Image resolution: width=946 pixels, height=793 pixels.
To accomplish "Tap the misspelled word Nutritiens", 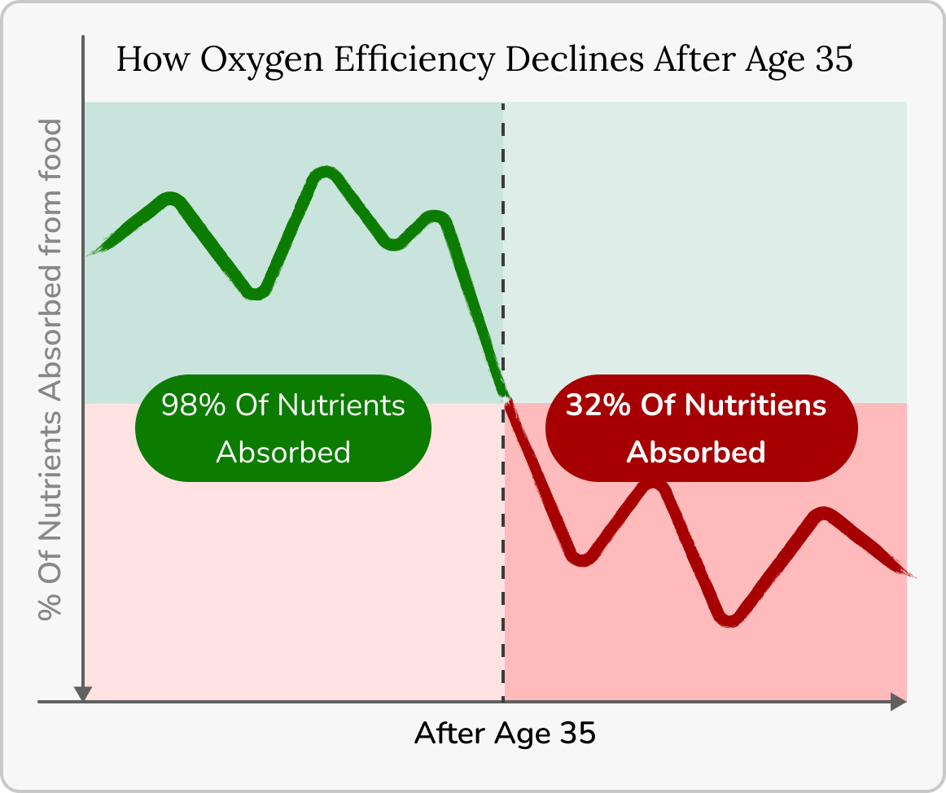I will pyautogui.click(x=756, y=405).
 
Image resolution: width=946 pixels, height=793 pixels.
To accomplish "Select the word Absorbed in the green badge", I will pyautogui.click(x=283, y=452).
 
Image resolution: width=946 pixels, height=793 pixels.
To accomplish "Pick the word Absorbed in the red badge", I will pyautogui.click(x=696, y=452).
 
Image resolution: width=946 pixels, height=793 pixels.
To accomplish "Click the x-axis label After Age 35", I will pyautogui.click(x=505, y=734).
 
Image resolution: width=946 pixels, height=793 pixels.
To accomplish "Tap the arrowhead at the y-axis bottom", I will pyautogui.click(x=82, y=693).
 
